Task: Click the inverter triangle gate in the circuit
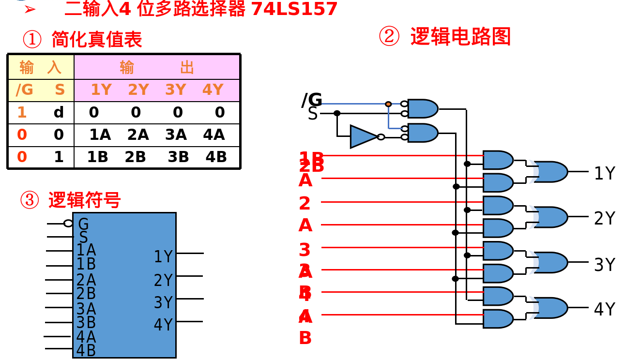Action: pos(363,136)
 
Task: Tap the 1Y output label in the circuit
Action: pos(604,173)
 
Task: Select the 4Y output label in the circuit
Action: pos(604,309)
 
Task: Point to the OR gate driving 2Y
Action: pos(551,217)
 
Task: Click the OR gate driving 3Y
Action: pos(551,262)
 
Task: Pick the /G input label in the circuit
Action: pos(312,100)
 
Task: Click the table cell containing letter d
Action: pos(59,112)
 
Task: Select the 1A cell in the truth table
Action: pos(100,135)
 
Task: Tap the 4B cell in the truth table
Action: pos(216,157)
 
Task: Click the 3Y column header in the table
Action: pos(175,90)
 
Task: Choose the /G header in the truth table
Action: pos(24,90)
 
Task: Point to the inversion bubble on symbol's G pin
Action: pos(68,223)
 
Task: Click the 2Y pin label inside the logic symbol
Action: pos(163,280)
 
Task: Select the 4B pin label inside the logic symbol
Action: pos(86,350)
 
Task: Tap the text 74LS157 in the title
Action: pos(294,9)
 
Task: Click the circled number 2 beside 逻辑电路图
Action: pos(389,37)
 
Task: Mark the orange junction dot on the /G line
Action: pos(388,104)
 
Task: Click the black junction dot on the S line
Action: pos(337,113)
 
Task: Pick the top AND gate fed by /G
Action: pos(422,108)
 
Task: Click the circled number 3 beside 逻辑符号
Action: pos(30,200)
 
